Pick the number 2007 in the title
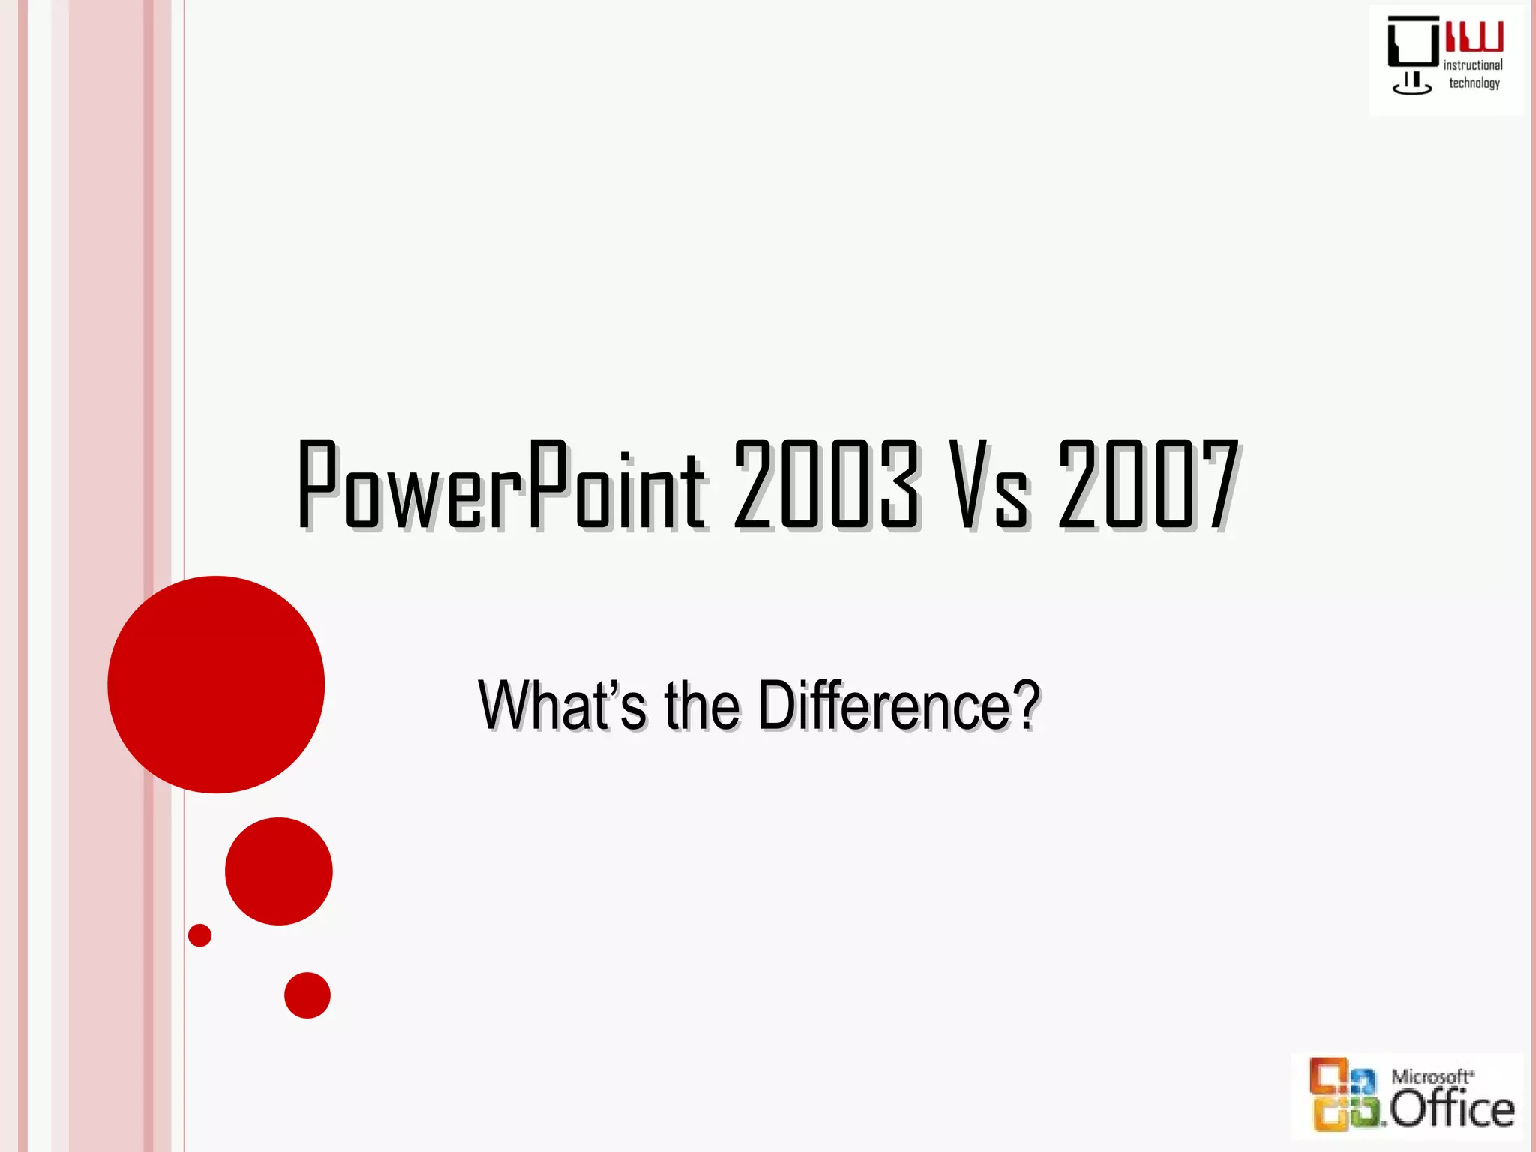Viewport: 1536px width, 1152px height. (1148, 485)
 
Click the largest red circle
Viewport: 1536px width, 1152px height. (216, 684)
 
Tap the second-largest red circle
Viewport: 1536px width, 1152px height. (279, 871)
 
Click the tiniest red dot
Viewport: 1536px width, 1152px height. (199, 935)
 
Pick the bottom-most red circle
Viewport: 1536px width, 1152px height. (307, 995)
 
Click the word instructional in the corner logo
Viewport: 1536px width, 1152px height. (1473, 65)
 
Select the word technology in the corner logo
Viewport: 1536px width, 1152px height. (1474, 83)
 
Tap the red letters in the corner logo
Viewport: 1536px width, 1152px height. (1474, 36)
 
